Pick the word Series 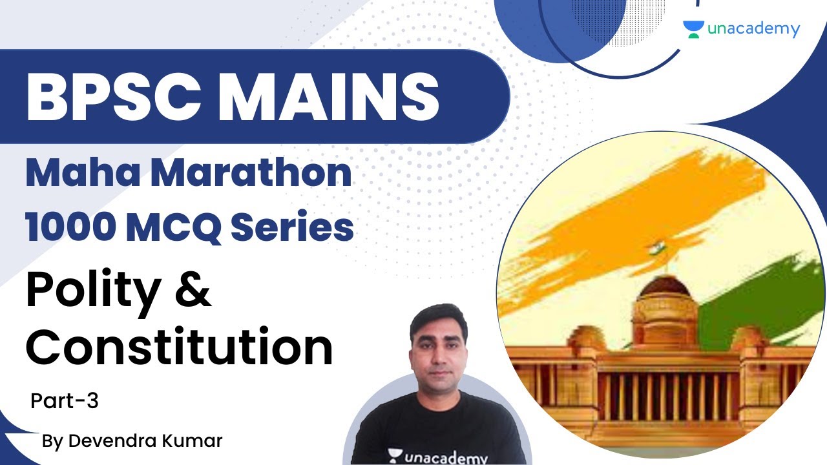click(298, 227)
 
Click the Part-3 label click(65, 401)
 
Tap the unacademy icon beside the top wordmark click(693, 29)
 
